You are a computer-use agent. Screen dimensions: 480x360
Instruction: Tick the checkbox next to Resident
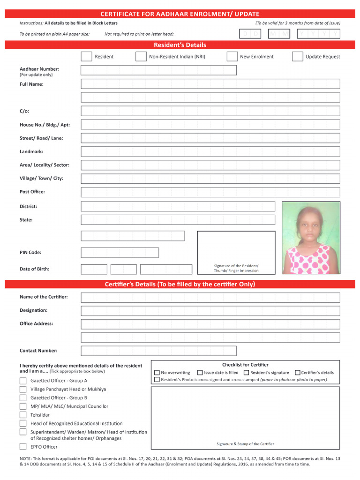[86, 57]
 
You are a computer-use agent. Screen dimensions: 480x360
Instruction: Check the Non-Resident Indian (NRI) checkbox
[141, 57]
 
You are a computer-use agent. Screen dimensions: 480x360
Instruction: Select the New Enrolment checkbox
[232, 57]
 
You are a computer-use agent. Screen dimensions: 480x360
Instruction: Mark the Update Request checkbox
[298, 57]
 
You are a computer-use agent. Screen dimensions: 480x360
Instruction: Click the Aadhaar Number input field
[158, 70]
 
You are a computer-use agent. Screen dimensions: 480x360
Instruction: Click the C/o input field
[210, 111]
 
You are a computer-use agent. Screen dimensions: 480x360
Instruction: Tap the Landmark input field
[210, 152]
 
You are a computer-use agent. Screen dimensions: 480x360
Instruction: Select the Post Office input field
[210, 192]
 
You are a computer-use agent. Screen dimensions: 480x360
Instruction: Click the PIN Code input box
[120, 253]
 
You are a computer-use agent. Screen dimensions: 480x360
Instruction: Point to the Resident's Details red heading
[180, 45]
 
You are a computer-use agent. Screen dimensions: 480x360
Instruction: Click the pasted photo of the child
[311, 238]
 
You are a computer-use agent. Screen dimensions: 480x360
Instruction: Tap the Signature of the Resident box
[236, 252]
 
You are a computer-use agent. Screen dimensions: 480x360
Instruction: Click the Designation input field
[210, 311]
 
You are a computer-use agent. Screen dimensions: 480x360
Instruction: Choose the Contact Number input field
[158, 351]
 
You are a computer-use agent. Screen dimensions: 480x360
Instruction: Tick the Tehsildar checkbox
[23, 415]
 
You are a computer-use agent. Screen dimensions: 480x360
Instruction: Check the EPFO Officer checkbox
[23, 447]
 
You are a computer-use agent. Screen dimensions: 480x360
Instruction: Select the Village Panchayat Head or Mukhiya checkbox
[23, 389]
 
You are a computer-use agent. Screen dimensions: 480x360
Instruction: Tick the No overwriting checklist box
[157, 373]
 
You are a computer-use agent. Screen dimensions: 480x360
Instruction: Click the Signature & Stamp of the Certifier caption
[245, 444]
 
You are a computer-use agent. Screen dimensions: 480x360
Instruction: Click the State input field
[178, 220]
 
